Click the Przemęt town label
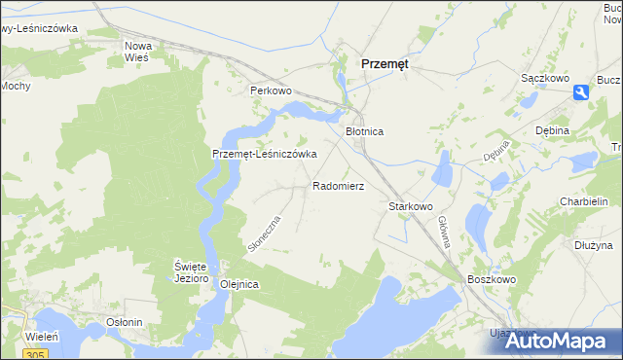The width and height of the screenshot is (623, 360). [x=385, y=62]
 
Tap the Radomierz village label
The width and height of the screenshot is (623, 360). [x=339, y=185]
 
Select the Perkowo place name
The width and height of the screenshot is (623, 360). [x=272, y=90]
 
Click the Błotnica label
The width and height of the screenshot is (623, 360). [x=367, y=130]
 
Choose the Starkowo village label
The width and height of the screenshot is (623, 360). [x=410, y=207]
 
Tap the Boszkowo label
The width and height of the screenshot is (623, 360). [x=490, y=280]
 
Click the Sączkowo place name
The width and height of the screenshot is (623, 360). [x=544, y=76]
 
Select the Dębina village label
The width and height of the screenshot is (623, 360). [x=552, y=130]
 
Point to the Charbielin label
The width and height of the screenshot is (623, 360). [x=584, y=201]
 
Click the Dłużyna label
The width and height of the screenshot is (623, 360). [x=593, y=245]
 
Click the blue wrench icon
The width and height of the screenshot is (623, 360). [x=581, y=92]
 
